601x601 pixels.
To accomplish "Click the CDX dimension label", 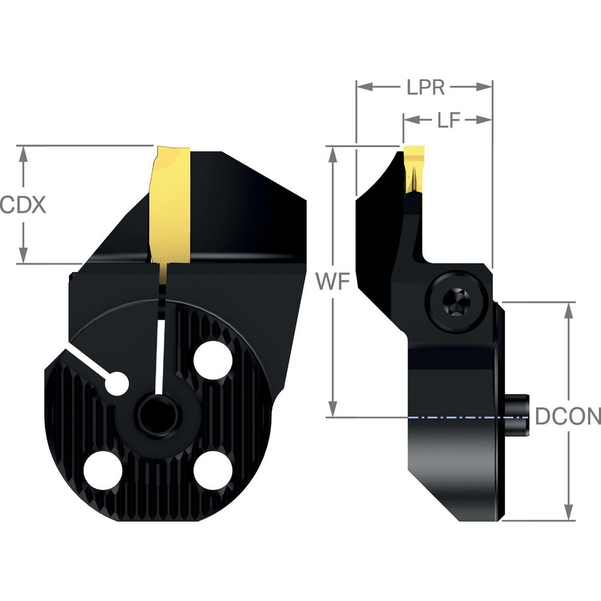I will tap(23, 206).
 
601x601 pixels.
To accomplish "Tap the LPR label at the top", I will tap(425, 88).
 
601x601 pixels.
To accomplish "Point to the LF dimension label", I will tap(448, 120).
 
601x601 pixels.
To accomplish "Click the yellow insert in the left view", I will tap(171, 204).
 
